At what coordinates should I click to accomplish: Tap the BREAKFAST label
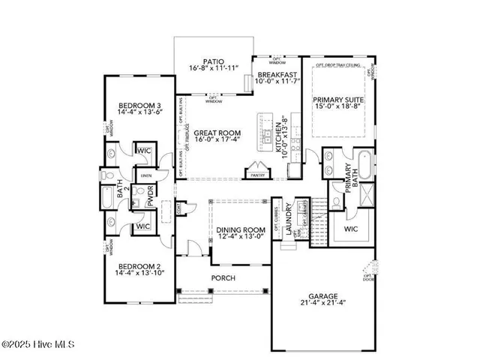(277, 76)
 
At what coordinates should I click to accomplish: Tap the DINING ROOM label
(241, 230)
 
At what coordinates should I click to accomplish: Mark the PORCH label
(223, 278)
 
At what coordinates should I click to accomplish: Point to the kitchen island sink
(267, 136)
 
